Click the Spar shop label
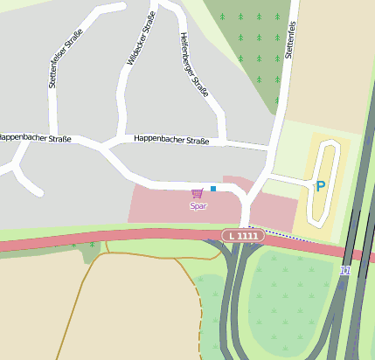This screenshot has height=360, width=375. pyautogui.click(x=198, y=206)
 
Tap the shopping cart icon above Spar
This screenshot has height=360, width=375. pyautogui.click(x=198, y=193)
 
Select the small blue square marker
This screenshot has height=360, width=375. pyautogui.click(x=212, y=188)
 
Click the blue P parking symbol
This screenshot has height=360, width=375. pyautogui.click(x=320, y=185)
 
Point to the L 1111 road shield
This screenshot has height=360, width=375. pyautogui.click(x=241, y=236)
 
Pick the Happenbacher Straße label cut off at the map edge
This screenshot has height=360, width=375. pyautogui.click(x=35, y=137)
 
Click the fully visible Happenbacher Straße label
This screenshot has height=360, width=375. pyautogui.click(x=171, y=139)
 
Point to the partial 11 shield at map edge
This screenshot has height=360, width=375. pyautogui.click(x=344, y=271)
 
